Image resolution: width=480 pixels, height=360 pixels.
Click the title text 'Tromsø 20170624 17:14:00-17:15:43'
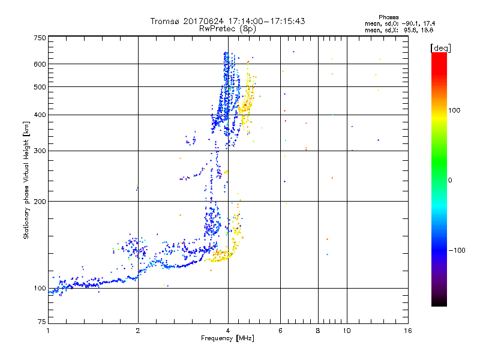click(x=227, y=21)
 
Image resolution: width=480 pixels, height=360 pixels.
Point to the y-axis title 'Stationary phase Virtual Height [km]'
click(x=26, y=180)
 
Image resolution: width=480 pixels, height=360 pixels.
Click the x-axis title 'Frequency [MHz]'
click(x=227, y=338)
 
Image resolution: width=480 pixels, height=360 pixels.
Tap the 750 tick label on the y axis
click(x=40, y=37)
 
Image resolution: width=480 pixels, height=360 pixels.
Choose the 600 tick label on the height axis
click(x=40, y=64)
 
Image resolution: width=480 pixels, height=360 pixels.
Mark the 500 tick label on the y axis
click(x=40, y=86)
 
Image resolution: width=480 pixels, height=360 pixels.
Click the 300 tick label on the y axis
click(x=40, y=151)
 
